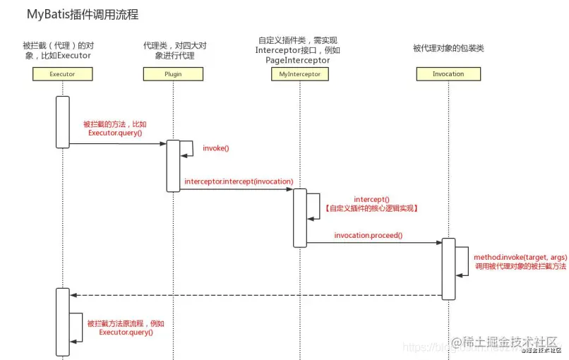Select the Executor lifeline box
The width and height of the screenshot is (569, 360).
tap(63, 73)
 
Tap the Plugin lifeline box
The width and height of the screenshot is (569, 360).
tap(173, 73)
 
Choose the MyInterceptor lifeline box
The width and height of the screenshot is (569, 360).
tap(300, 73)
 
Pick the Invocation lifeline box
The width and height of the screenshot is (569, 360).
tap(448, 73)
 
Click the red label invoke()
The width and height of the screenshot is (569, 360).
tap(216, 148)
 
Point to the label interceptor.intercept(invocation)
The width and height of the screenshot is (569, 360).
tap(239, 181)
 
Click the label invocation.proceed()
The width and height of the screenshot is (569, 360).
tap(368, 235)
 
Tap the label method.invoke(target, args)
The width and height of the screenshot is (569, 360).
tap(521, 258)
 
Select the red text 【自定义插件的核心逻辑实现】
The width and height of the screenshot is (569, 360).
tap(371, 209)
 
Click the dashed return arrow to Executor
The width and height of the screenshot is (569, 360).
tap(254, 295)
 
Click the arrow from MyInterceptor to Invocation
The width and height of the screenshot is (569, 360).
tap(374, 243)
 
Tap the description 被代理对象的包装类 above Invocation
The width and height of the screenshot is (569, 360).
tap(448, 48)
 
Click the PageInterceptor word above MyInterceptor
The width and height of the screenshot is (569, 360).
tap(297, 61)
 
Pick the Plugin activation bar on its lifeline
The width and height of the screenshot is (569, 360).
tap(172, 166)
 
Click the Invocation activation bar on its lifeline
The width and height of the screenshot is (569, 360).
tap(448, 269)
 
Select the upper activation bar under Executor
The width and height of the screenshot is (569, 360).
tap(62, 121)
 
